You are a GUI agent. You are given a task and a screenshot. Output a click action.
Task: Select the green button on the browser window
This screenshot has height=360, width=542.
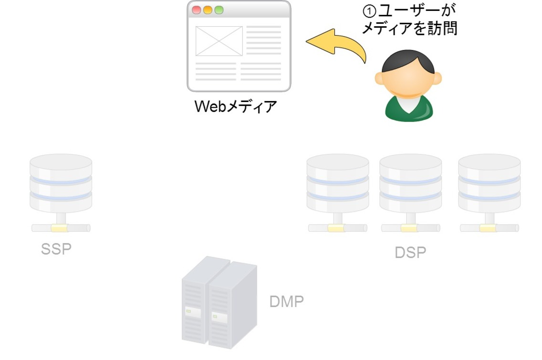click(219, 10)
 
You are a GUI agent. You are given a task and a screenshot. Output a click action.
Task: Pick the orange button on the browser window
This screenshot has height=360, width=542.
click(208, 10)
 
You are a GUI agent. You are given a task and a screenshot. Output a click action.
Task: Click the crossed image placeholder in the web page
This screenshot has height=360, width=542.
click(219, 41)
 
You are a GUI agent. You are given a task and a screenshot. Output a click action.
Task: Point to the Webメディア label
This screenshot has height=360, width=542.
click(236, 106)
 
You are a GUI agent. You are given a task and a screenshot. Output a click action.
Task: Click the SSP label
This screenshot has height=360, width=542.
click(56, 249)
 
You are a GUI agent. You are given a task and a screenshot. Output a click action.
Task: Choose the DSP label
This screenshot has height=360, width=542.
click(410, 253)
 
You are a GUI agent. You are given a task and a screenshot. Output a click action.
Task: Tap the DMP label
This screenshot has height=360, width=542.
click(286, 301)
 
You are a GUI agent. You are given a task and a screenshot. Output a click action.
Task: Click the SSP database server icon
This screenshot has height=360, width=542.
click(61, 184)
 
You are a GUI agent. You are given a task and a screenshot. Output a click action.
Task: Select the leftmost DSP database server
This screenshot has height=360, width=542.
click(338, 184)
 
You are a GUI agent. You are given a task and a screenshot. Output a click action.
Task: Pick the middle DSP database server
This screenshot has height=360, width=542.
click(410, 184)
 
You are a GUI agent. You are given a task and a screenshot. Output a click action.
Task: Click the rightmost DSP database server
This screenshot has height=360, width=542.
click(489, 184)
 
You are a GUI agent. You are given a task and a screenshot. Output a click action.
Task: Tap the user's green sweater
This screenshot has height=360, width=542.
click(409, 110)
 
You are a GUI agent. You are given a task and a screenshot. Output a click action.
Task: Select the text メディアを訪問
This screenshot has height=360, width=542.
click(410, 29)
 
